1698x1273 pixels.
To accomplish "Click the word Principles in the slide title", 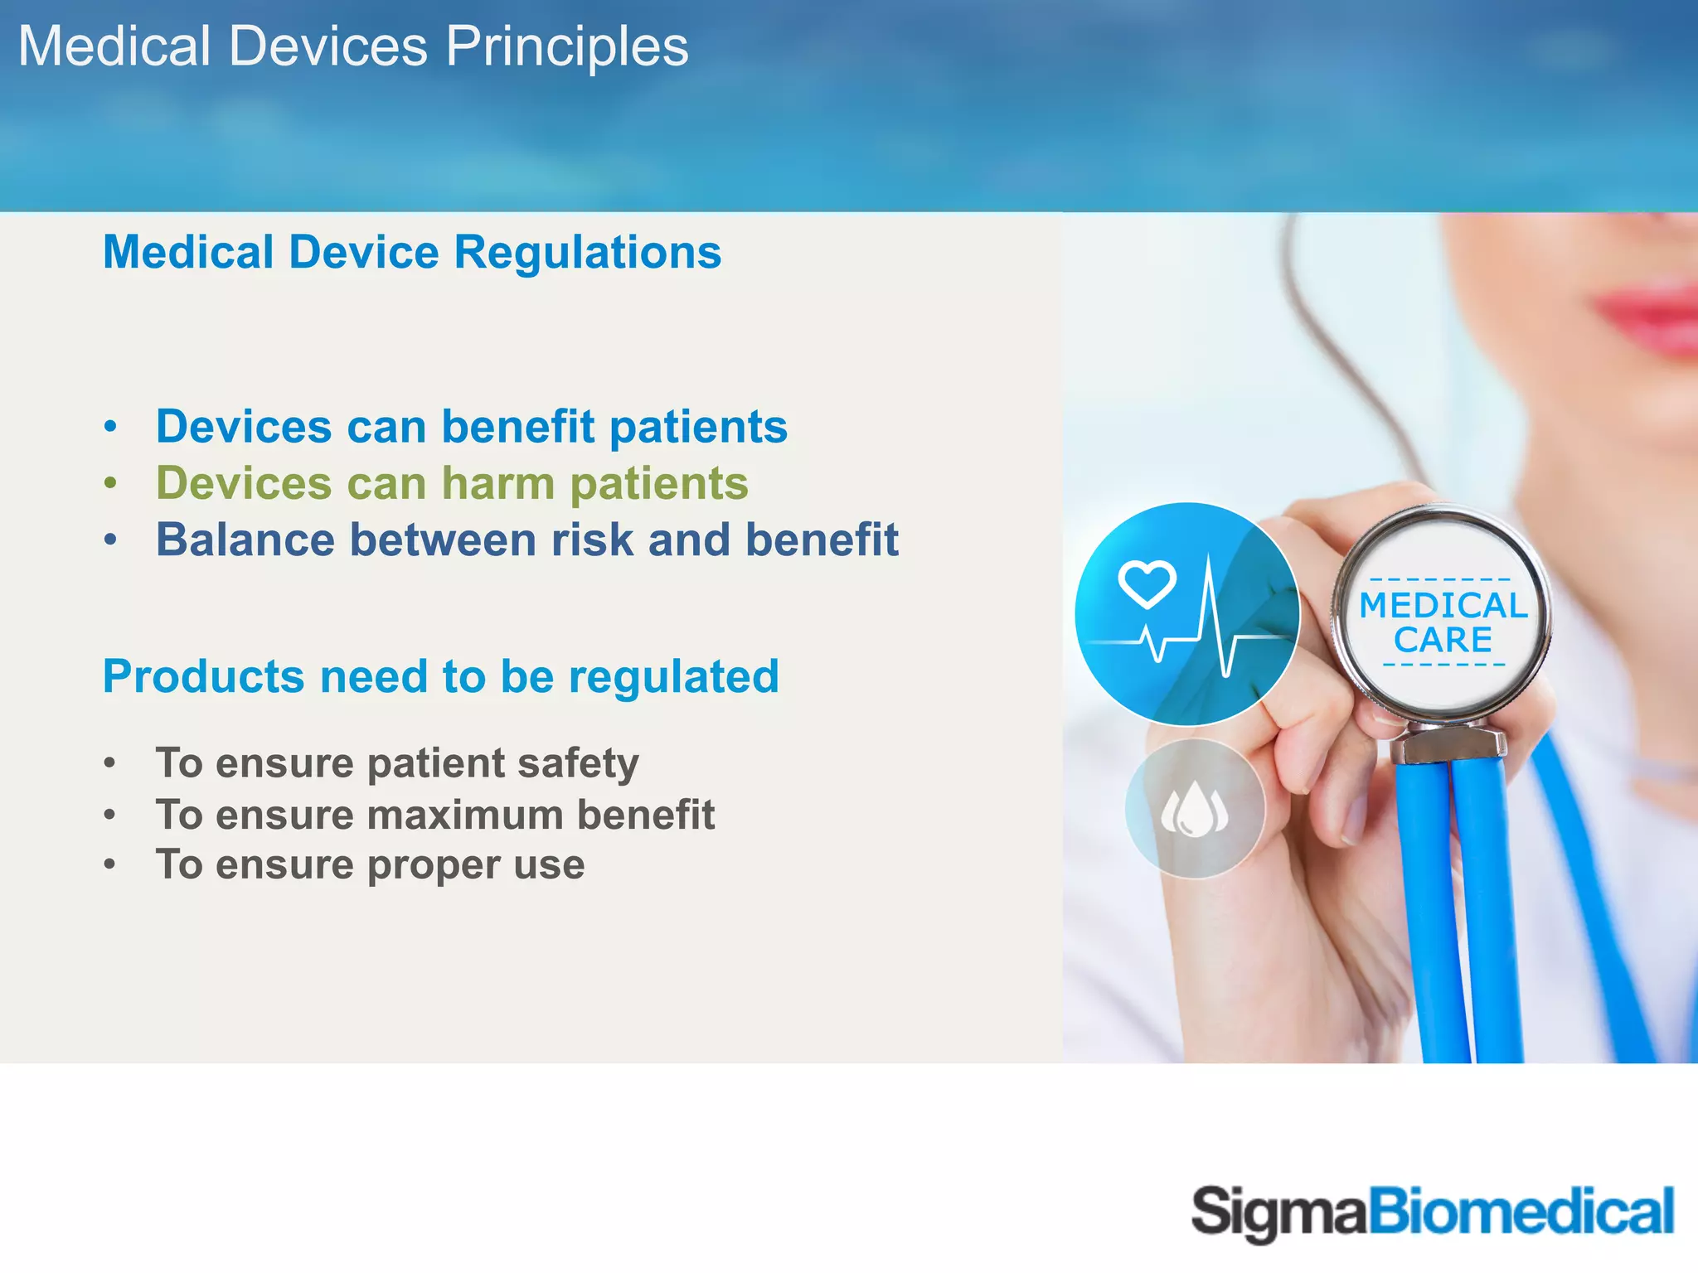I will [x=567, y=46].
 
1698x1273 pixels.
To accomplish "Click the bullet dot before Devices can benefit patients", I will [x=111, y=428].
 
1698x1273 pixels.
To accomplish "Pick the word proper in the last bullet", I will [x=433, y=866].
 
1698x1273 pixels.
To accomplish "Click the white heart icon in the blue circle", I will [x=1147, y=583].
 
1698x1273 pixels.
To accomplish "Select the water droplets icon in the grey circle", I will [x=1195, y=809].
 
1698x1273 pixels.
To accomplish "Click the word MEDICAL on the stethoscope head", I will [x=1443, y=606].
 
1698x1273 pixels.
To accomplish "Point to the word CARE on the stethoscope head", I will [x=1443, y=641].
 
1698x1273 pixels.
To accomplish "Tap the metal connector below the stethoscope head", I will [x=1448, y=743].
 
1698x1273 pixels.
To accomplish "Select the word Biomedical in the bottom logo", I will [x=1521, y=1212].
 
